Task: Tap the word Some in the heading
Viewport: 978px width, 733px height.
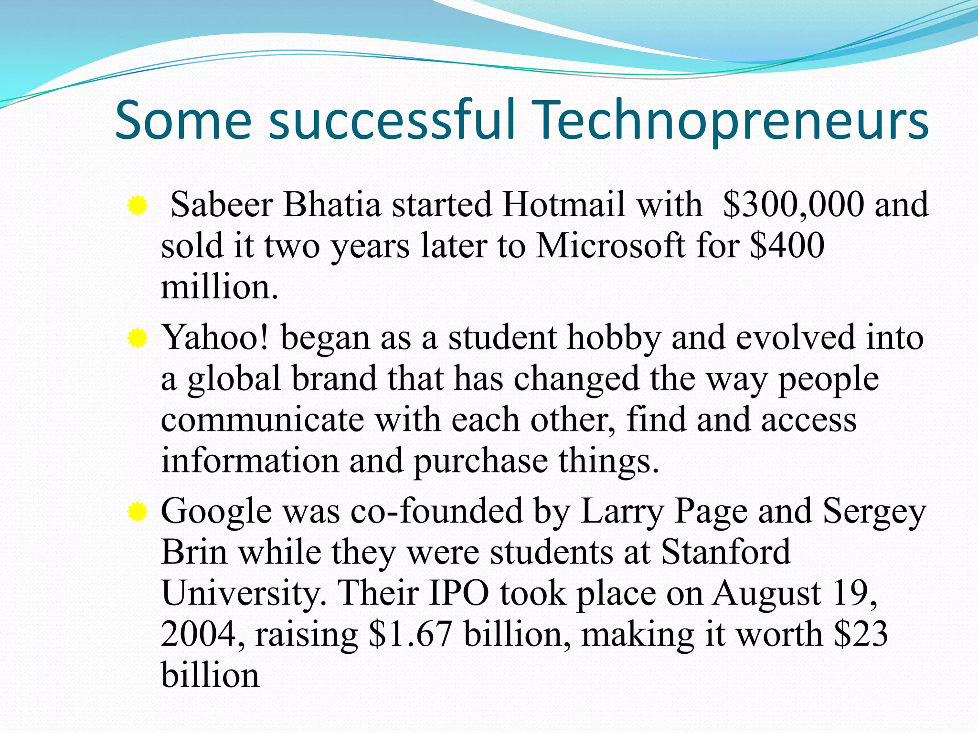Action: (x=183, y=120)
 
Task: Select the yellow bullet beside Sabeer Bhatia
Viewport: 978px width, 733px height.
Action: (x=137, y=206)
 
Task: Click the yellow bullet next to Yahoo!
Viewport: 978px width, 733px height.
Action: (x=137, y=338)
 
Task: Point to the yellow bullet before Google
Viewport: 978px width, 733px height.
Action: (x=137, y=513)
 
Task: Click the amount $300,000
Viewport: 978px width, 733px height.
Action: (x=793, y=205)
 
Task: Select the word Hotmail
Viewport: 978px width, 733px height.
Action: (x=563, y=205)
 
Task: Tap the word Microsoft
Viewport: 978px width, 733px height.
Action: (x=610, y=246)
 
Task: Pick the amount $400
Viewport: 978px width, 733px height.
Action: (x=787, y=246)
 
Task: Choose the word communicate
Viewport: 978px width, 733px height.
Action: (x=262, y=420)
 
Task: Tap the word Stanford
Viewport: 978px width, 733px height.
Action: (x=725, y=552)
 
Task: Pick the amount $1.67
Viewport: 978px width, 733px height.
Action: (x=410, y=635)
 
